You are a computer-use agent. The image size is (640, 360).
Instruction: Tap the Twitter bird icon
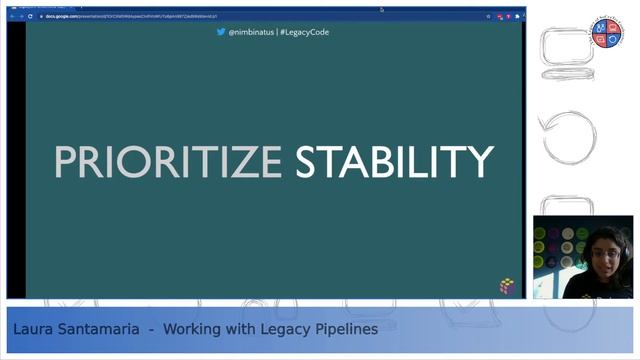221,32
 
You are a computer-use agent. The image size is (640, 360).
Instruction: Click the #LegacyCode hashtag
304,32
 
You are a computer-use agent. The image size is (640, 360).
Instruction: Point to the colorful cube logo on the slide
509,286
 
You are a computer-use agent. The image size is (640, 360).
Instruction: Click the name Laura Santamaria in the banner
74,328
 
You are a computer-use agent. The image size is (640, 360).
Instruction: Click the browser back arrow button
10,16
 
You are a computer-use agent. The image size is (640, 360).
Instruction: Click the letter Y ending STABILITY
480,163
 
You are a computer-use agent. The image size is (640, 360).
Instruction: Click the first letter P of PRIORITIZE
66,163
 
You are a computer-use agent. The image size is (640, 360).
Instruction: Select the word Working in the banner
193,328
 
